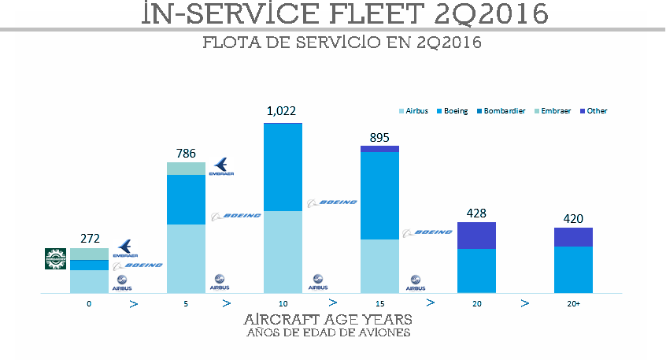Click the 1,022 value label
(x=282, y=112)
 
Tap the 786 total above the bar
(x=186, y=153)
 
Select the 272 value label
(x=90, y=238)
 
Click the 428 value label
(x=476, y=213)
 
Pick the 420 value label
(x=572, y=218)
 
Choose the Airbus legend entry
(x=413, y=111)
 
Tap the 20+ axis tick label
(x=572, y=303)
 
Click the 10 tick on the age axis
(x=282, y=303)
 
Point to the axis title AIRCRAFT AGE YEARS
(x=327, y=321)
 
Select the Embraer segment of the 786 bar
(x=186, y=169)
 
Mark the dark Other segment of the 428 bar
(x=476, y=236)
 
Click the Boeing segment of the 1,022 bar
(x=282, y=167)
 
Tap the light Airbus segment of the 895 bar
(x=379, y=266)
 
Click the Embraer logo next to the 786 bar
(x=222, y=166)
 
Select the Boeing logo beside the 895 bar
(x=427, y=232)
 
